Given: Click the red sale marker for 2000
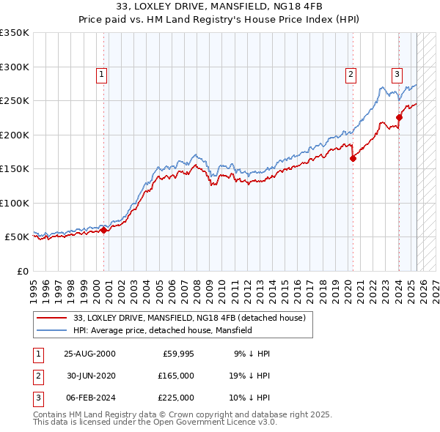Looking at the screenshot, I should tap(104, 230).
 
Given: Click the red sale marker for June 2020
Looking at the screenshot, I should tap(353, 157).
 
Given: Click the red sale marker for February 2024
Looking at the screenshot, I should tap(399, 117).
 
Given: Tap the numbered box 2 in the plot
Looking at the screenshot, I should tap(351, 73).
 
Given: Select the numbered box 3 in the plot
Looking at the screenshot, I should tap(397, 73).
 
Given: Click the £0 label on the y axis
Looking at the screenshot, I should tap(22, 272).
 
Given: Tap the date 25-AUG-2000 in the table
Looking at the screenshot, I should tap(90, 354).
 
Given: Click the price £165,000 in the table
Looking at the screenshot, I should tap(177, 376).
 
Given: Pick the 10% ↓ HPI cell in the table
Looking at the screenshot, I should tap(250, 398).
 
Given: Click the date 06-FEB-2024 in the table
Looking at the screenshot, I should tap(90, 398).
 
